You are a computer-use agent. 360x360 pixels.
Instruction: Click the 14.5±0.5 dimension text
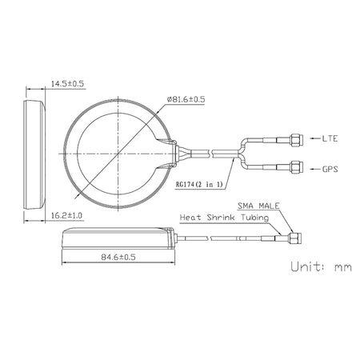[69, 84]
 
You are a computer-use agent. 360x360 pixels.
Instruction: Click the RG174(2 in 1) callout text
[202, 184]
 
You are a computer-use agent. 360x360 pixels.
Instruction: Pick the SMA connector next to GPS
[295, 168]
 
